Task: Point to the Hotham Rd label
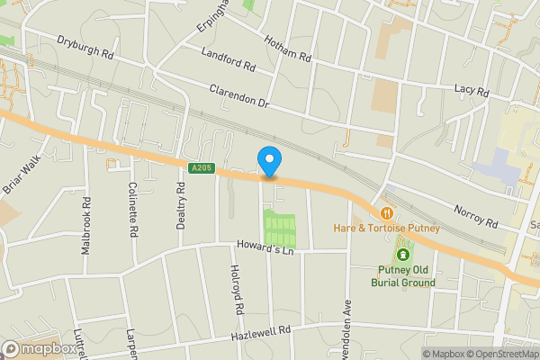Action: pyautogui.click(x=287, y=49)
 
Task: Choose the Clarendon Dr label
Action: pyautogui.click(x=239, y=97)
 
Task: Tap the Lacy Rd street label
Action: pyautogui.click(x=471, y=91)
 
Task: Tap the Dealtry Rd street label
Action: pyautogui.click(x=181, y=203)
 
